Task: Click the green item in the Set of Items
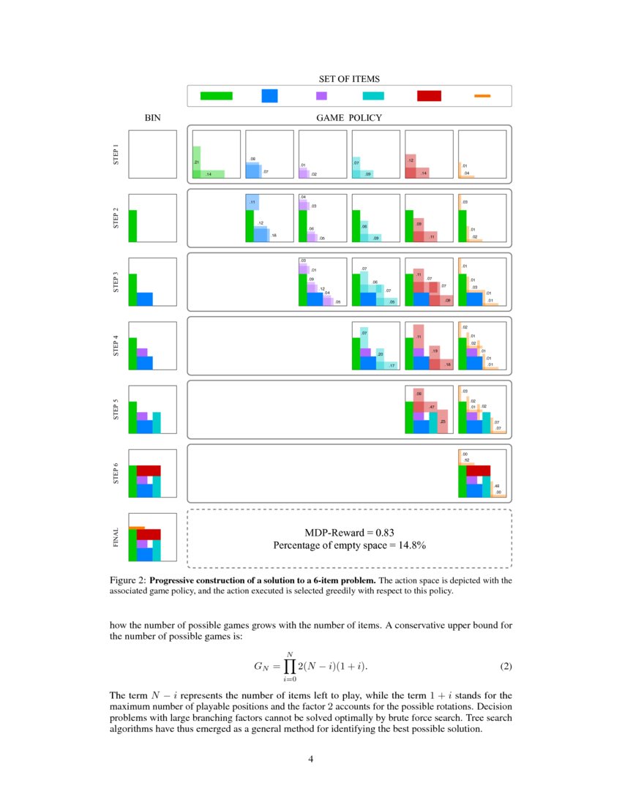216,96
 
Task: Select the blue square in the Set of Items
269,96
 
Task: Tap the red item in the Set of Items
429,96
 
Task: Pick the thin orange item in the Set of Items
482,96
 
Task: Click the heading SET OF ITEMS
349,78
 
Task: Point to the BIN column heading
152,117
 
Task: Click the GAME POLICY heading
349,117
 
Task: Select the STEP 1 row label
117,154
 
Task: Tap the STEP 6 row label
117,473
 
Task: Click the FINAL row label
117,537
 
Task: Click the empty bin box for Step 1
152,154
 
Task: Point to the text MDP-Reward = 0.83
348,532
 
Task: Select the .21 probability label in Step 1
197,162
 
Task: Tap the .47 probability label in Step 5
432,407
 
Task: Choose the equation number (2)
505,667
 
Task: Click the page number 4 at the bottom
311,759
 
